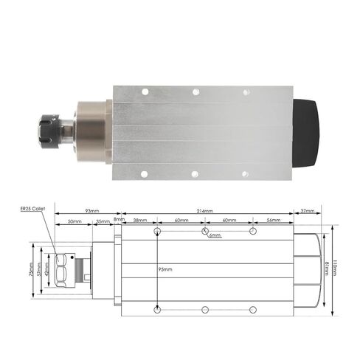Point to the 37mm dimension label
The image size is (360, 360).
[308, 211]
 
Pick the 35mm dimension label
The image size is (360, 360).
[103, 221]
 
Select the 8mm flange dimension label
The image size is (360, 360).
[120, 220]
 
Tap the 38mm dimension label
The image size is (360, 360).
[139, 221]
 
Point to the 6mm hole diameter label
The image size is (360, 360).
[215, 235]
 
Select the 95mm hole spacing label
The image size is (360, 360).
[167, 268]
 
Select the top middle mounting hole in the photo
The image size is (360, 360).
[195, 92]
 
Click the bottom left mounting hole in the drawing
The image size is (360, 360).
[158, 308]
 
